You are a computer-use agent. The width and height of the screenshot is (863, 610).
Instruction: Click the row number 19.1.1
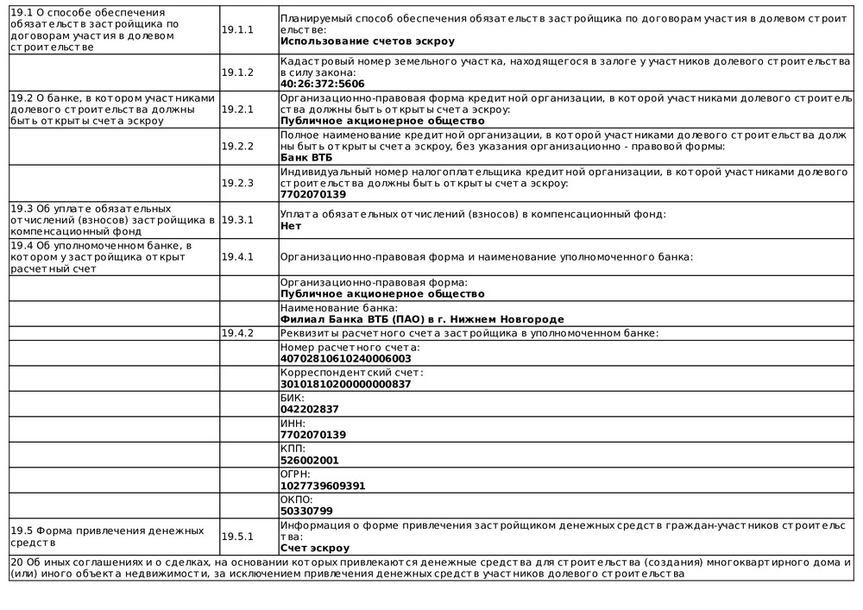(237, 29)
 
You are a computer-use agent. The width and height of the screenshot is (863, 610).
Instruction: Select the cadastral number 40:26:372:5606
(322, 84)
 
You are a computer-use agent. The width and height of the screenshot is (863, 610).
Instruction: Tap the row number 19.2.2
(237, 146)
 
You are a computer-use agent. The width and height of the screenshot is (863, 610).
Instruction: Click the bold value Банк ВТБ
(306, 158)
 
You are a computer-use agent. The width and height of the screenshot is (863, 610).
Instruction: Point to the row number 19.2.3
(237, 183)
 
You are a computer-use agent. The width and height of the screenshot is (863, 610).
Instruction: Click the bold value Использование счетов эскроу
(367, 41)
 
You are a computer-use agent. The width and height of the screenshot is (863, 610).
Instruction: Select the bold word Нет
(291, 225)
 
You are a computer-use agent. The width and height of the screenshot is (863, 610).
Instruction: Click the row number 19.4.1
(237, 256)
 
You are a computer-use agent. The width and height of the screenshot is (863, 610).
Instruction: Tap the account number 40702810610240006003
(346, 358)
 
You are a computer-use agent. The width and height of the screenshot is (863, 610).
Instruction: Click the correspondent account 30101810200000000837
(345, 384)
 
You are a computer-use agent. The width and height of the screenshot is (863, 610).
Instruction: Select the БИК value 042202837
(310, 409)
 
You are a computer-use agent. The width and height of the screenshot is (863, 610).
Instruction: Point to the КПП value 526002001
(310, 460)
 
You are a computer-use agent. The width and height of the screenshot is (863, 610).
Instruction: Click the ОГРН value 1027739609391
(323, 486)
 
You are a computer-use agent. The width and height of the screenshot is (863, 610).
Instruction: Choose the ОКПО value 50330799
(306, 511)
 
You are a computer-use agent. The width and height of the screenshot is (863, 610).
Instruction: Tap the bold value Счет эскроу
(315, 548)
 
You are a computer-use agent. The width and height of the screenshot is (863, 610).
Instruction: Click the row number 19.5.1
(237, 536)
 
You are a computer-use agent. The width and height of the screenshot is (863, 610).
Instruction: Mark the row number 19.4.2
(237, 333)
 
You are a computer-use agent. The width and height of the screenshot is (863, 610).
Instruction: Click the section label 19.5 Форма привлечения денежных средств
(107, 536)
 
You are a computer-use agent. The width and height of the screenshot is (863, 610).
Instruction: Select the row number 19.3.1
(237, 219)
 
